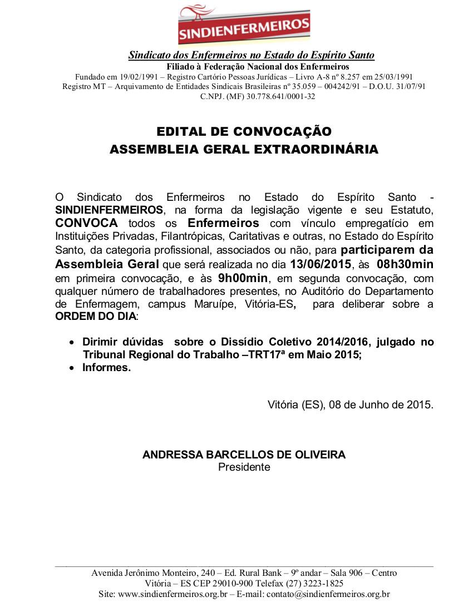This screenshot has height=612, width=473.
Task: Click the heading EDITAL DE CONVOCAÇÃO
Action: [x=244, y=132]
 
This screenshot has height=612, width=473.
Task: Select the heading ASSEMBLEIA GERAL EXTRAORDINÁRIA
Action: [x=244, y=150]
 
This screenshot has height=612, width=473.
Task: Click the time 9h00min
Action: [x=243, y=277]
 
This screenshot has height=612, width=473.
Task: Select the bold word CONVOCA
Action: [x=86, y=223]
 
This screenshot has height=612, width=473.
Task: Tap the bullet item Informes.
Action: [x=106, y=368]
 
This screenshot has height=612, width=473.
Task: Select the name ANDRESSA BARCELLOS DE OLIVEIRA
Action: [x=244, y=455]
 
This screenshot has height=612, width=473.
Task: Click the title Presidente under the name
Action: [x=244, y=467]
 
